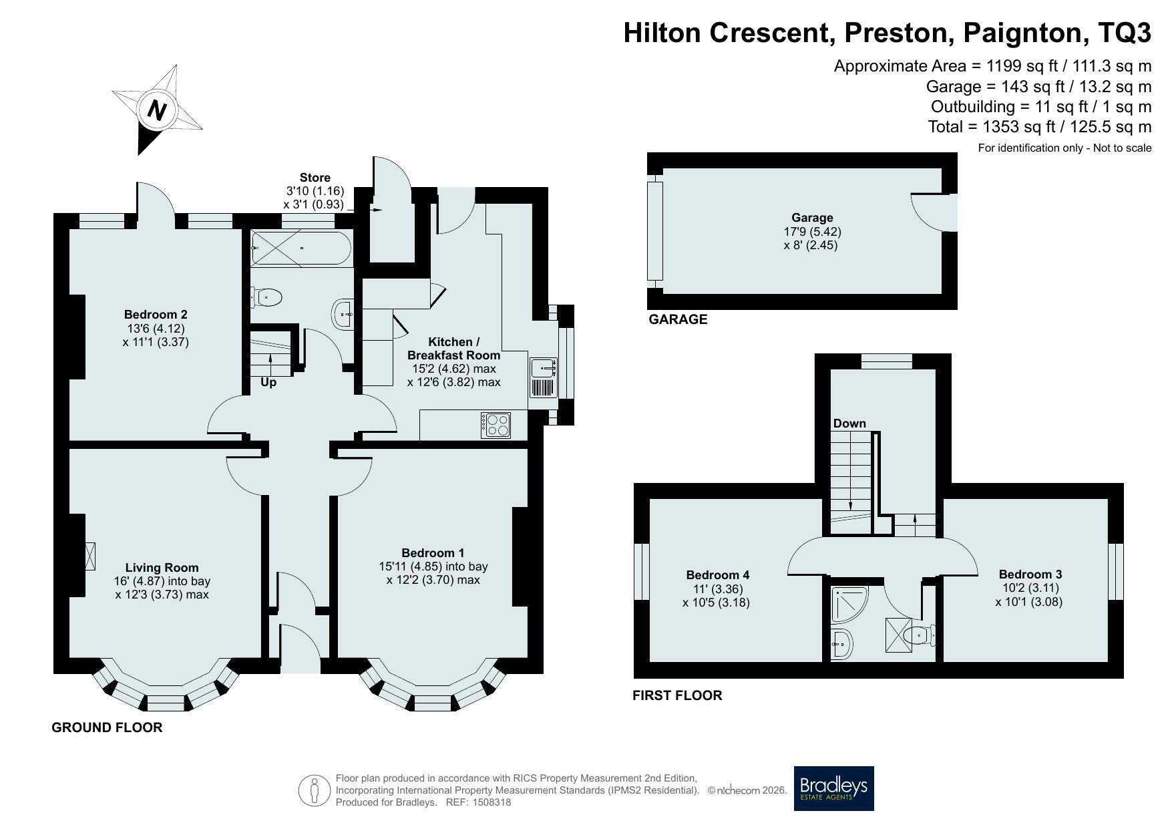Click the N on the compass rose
pos(157,110)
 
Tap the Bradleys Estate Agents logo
pos(833,788)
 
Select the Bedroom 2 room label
pos(156,315)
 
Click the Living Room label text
pos(162,568)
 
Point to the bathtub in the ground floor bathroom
pos(301,248)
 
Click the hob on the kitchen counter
pos(496,426)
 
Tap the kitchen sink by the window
pos(544,378)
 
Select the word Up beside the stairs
pos(268,383)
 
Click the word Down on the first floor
pos(849,424)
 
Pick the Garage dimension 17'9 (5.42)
pos(812,232)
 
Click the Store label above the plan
pos(315,178)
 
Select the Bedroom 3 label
pos(1030,574)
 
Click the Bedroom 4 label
pos(718,575)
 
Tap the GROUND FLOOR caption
pos(107,727)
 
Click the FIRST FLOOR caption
pos(677,695)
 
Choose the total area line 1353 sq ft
pos(1040,126)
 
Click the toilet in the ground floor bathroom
pos(267,297)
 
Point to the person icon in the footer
pos(315,791)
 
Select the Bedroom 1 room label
pos(433,553)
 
